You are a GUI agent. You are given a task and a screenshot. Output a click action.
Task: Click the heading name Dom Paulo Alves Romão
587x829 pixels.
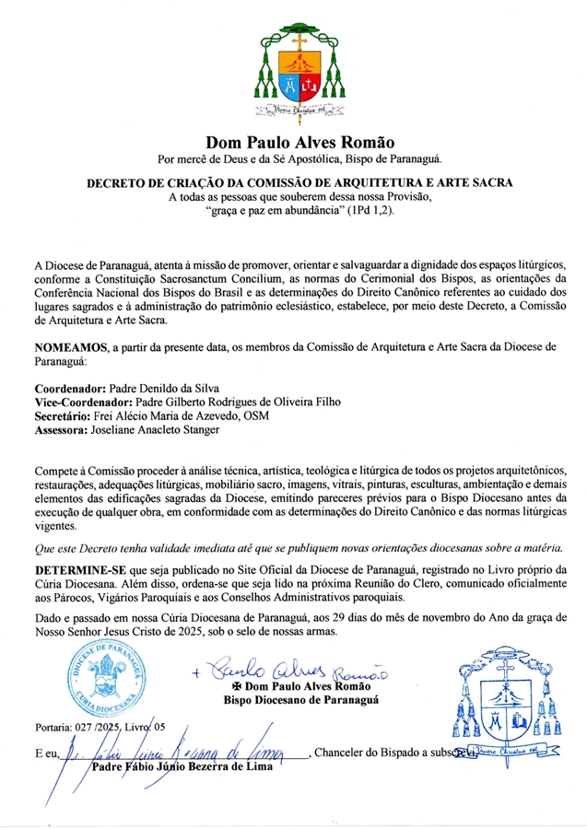point(294,143)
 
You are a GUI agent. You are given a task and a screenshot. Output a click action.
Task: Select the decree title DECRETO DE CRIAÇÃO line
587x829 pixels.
point(294,183)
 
